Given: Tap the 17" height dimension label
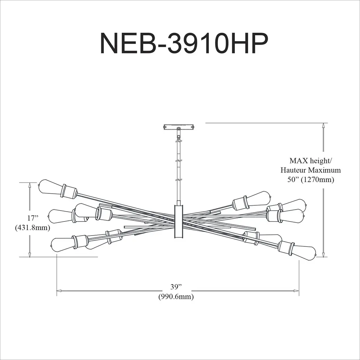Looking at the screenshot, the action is [33, 218].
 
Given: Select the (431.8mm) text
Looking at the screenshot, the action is [33, 228].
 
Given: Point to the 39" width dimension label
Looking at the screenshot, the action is [176, 287].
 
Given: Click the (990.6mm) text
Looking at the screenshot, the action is [176, 297].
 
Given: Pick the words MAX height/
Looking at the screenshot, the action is [310, 160].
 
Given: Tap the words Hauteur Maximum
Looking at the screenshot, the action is [311, 170].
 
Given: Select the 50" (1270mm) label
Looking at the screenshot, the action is [311, 180].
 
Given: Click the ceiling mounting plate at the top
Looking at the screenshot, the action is [179, 127].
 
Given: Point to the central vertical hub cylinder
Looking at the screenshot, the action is [179, 222].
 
